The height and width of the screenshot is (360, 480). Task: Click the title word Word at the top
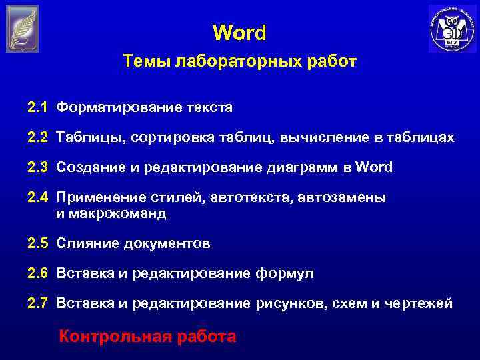coord(239,33)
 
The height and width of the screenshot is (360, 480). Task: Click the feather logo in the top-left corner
coord(23,29)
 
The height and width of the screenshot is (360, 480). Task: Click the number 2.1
coord(37,107)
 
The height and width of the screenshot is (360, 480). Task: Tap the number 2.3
coord(37,167)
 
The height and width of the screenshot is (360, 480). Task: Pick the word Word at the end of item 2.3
coord(375,167)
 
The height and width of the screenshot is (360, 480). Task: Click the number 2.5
coord(37,243)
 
